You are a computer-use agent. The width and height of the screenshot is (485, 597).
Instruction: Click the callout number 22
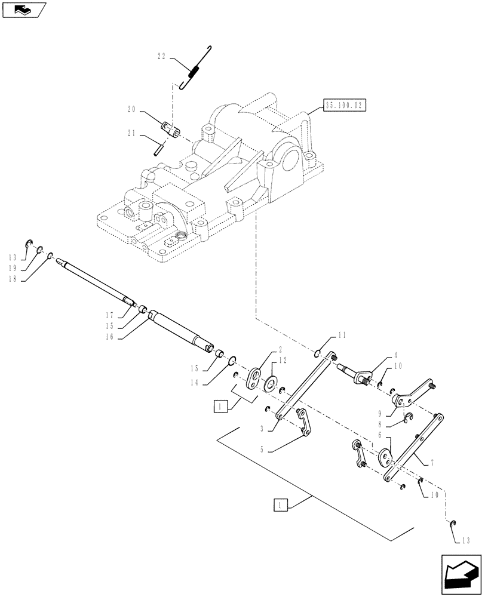(x=162, y=58)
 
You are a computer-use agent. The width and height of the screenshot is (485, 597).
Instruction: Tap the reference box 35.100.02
(x=344, y=106)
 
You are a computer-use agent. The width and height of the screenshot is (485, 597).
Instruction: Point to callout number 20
(x=131, y=109)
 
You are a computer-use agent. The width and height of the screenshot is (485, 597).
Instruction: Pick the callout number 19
(x=13, y=269)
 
